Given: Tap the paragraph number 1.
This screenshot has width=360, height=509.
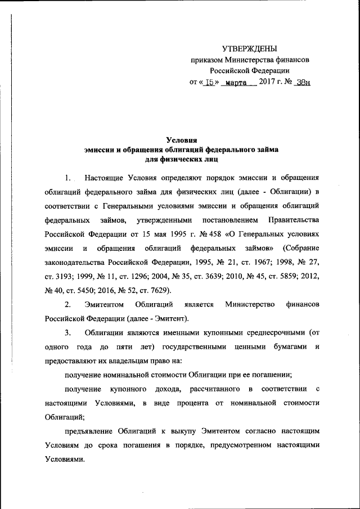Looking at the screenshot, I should click(67, 179).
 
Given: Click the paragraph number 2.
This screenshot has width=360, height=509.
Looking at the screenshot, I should click(67, 304).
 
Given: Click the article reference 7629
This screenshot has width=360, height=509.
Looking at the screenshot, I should click(164, 290).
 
